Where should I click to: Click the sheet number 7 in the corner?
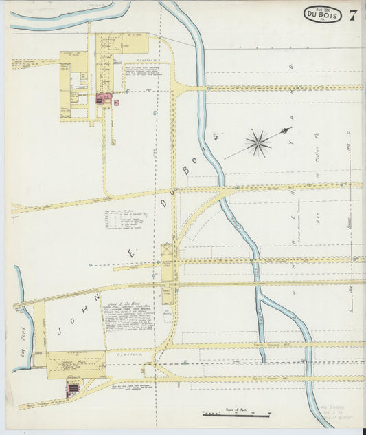point(352,14)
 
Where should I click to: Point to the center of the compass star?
point(258,143)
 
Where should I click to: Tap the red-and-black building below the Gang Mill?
point(72,390)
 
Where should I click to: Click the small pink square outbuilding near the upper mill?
point(116,103)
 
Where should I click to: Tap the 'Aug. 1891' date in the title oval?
point(322,6)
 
